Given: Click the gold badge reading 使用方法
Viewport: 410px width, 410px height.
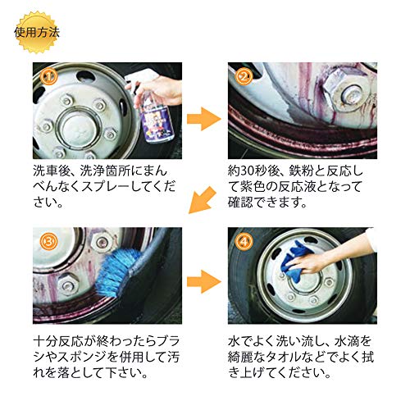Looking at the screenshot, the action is [x=37, y=32].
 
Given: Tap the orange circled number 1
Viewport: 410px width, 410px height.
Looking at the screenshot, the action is [x=48, y=77].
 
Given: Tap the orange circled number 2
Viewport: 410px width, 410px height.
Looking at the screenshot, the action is [x=244, y=77].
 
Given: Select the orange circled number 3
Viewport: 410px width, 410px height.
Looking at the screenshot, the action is [x=48, y=241].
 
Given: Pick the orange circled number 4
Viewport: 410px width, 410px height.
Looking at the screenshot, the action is [x=244, y=241].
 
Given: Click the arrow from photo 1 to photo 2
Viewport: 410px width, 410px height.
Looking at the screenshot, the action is [x=204, y=119].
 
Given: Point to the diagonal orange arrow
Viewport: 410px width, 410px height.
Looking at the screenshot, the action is [x=202, y=200].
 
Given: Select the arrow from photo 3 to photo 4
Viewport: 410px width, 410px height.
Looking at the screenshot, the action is [x=204, y=281].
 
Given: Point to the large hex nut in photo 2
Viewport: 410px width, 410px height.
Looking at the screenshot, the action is [x=347, y=92].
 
